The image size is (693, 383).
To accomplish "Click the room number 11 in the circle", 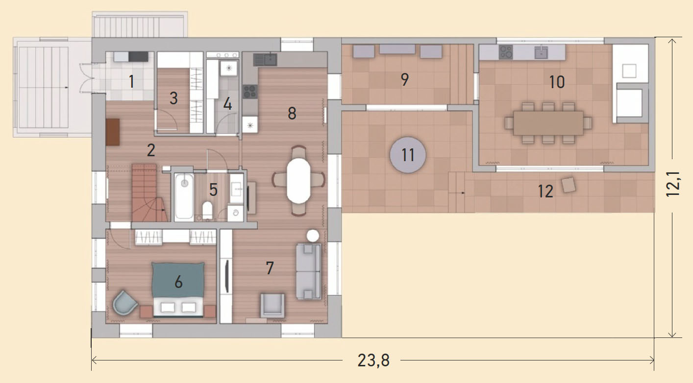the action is point(408,155).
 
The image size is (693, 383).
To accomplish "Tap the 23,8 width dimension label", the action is point(373,360).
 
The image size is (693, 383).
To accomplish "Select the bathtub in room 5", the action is point(184,197).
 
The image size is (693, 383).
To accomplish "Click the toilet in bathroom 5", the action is point(207,210).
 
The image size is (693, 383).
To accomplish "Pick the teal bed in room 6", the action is point(178,289).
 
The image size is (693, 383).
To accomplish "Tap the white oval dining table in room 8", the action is point(298,181).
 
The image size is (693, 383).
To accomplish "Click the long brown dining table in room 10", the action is point(548,123).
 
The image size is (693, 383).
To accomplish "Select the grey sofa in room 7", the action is point(308,271).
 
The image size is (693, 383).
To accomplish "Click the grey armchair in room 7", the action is point(272,306).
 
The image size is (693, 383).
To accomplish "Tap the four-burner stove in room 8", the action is point(250,92).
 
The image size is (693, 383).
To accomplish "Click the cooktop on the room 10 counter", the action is point(505,52).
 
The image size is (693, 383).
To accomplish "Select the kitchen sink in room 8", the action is point(265,60).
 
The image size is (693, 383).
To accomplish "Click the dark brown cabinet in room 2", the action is point(113,132).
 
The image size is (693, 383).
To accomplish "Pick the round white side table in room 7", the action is point(313,236).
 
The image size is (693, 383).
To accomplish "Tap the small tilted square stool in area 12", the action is point(569,185).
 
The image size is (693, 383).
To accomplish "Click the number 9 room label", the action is point(405,79).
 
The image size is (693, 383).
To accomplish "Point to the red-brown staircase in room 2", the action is point(149,192).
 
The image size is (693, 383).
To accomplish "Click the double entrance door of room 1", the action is point(87,78).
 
